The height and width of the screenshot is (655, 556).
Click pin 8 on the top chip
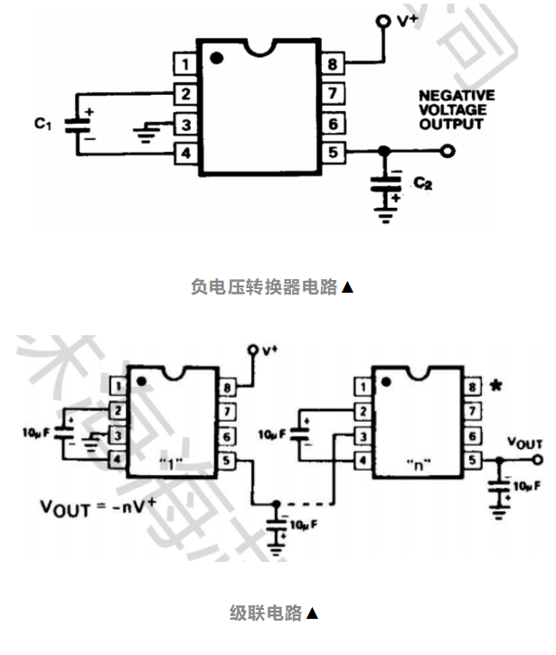click(332, 65)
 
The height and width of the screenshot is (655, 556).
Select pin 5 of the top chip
click(332, 152)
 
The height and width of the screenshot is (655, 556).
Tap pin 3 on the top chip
click(185, 124)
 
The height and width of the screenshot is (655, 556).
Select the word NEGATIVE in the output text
click(457, 95)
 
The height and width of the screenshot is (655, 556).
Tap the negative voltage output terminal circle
click(446, 152)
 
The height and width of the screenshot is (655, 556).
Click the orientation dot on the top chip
click(216, 59)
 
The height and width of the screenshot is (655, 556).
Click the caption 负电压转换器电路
click(263, 287)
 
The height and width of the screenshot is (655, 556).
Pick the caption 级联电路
click(266, 613)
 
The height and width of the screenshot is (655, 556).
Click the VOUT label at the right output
click(524, 444)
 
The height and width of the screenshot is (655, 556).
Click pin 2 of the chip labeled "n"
click(363, 412)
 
